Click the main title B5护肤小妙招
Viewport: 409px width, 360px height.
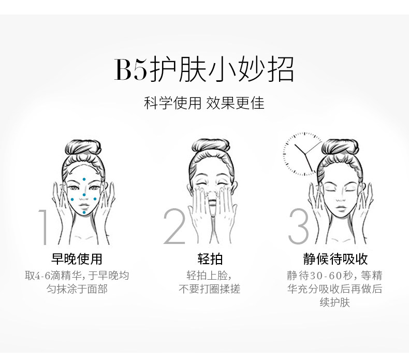pos(204,70)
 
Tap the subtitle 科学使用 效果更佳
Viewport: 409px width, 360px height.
pos(204,103)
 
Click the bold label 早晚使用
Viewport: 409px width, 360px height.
pos(77,259)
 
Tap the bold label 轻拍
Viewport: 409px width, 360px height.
pos(210,259)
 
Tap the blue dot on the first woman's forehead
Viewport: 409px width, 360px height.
pos(84,179)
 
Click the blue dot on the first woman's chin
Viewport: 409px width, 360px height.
pos(84,212)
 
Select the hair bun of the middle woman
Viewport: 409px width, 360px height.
pos(209,146)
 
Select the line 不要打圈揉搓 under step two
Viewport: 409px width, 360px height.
pos(209,289)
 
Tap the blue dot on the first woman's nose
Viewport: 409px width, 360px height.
pos(84,195)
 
